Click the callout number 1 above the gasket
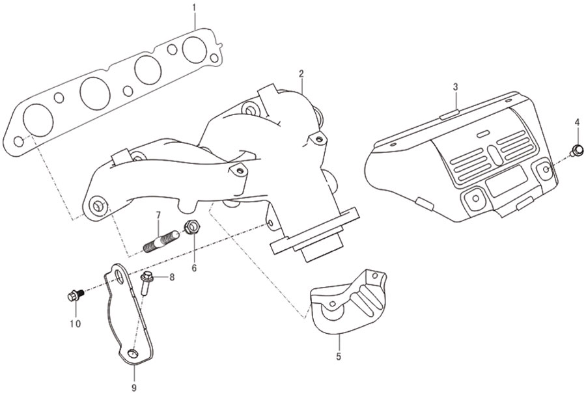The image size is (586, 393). [194, 7]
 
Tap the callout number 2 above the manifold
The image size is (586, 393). [301, 74]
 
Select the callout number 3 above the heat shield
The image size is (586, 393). [455, 87]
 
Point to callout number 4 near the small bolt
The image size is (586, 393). [577, 122]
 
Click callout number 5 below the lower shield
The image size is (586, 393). [339, 357]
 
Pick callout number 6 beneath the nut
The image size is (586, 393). [194, 268]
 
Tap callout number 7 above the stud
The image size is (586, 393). [158, 215]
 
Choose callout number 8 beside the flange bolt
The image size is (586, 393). [171, 277]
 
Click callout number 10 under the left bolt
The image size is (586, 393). [75, 323]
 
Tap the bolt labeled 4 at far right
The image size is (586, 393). [576, 150]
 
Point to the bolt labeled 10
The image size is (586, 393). [75, 296]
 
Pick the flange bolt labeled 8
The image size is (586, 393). [146, 283]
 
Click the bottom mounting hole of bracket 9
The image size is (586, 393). [132, 353]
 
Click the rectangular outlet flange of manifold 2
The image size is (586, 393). [314, 232]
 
